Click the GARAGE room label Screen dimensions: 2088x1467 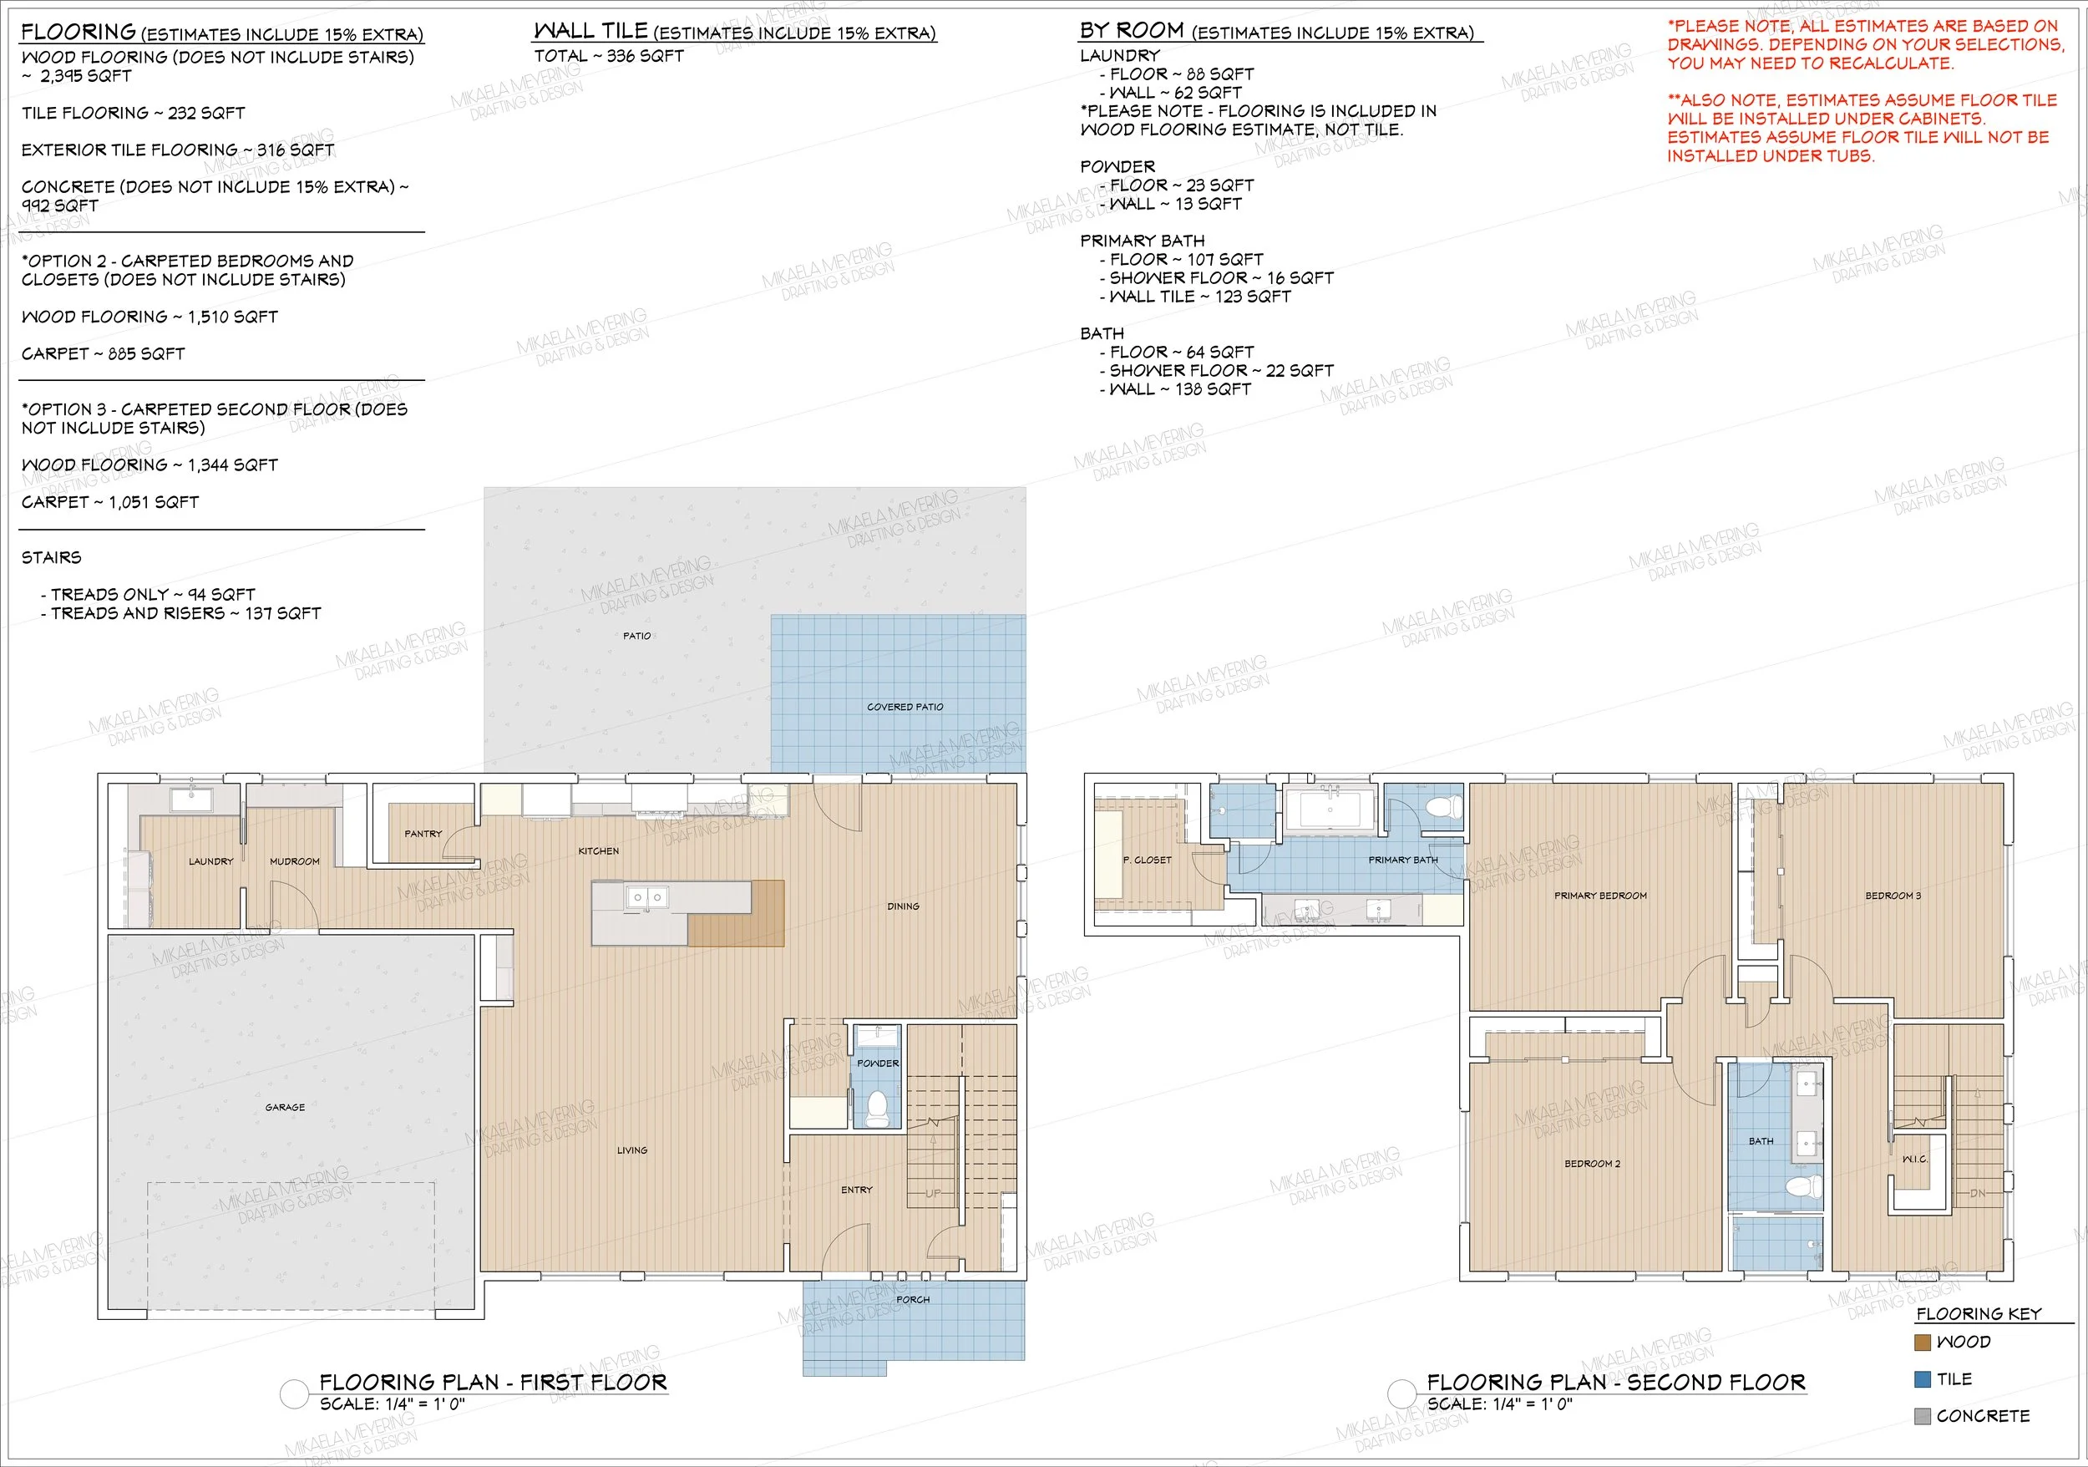(x=285, y=1107)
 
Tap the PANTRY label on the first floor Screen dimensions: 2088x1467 (x=423, y=833)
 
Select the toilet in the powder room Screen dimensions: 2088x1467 (x=877, y=1109)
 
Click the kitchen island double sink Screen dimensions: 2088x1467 (x=646, y=898)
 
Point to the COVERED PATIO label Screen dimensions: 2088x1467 (x=905, y=707)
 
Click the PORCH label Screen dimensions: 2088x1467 (x=913, y=1300)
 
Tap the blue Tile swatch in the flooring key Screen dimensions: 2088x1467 (x=1923, y=1378)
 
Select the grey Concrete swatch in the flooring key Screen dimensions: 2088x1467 (x=1923, y=1416)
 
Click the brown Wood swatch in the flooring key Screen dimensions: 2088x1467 (x=1923, y=1343)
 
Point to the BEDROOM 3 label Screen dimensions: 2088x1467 (x=1893, y=896)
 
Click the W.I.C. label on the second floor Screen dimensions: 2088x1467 (x=1914, y=1159)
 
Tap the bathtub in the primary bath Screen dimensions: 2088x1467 (x=1331, y=811)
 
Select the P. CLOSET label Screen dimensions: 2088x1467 (x=1148, y=860)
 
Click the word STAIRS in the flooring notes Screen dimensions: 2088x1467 (x=51, y=557)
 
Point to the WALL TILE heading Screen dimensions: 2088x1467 (x=590, y=31)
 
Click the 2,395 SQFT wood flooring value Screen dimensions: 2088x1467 (x=85, y=76)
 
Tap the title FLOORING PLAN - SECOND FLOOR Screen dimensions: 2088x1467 (x=1616, y=1383)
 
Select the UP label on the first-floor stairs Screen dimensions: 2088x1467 (x=933, y=1193)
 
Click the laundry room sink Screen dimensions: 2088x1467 (x=193, y=800)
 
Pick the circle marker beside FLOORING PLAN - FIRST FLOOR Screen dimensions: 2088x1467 (x=295, y=1394)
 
